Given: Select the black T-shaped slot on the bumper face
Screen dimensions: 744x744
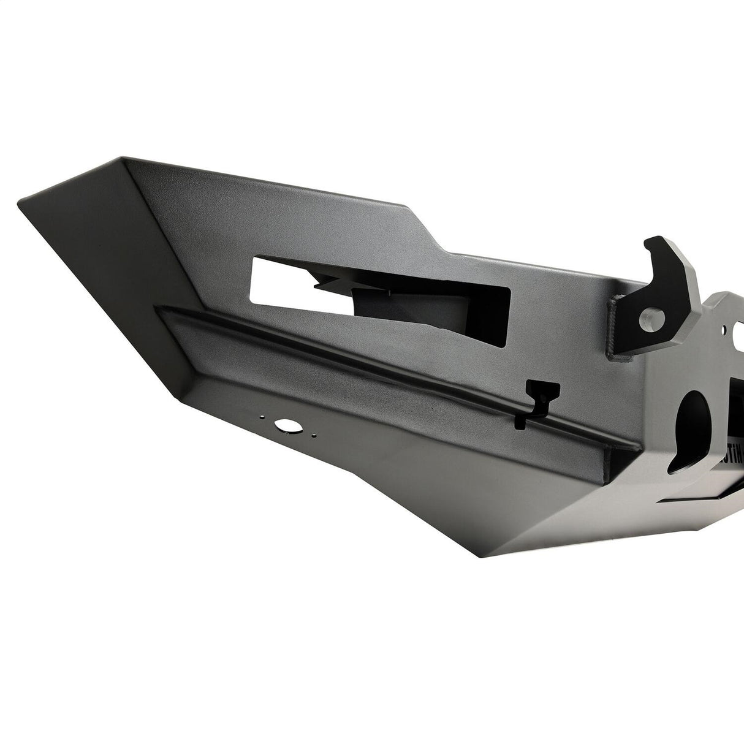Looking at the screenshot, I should pos(542,390).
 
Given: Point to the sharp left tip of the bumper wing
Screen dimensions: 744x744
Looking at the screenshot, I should pos(21,200).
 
